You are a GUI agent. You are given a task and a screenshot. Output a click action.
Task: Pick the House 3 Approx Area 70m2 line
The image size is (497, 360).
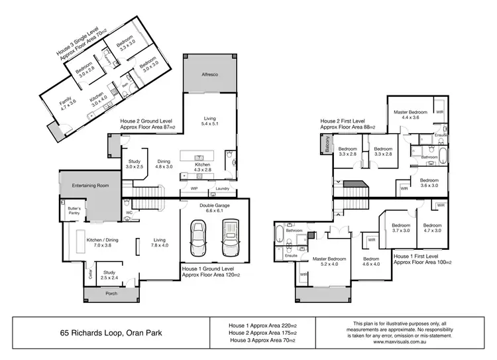(261, 341)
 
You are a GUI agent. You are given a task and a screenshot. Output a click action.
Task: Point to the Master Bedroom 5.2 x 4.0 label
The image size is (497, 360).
(329, 261)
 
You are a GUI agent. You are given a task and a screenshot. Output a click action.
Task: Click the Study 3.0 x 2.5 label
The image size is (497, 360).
(133, 164)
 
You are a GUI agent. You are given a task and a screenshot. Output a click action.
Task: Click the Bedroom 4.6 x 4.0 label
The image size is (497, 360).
(370, 261)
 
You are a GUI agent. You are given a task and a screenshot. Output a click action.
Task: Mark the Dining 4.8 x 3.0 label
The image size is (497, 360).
(164, 164)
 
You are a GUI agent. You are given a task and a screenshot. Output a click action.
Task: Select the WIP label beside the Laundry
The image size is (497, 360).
(194, 189)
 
